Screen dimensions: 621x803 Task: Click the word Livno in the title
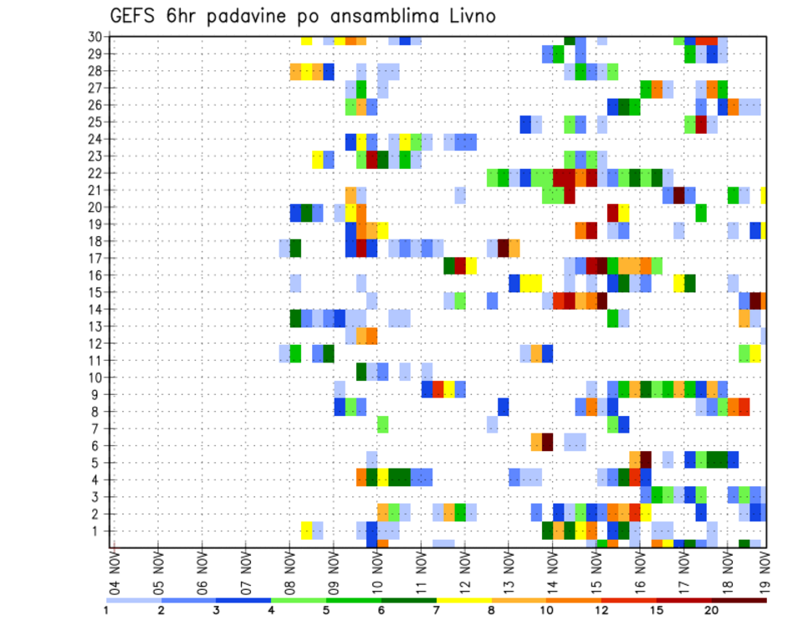pyautogui.click(x=466, y=16)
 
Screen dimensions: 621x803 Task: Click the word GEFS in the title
pyautogui.click(x=134, y=16)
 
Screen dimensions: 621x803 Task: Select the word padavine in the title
pyautogui.click(x=235, y=17)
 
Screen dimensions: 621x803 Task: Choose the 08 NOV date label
pyautogui.click(x=290, y=570)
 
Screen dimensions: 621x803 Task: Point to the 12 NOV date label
pyautogui.click(x=465, y=570)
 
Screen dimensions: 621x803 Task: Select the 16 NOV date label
pyautogui.click(x=640, y=570)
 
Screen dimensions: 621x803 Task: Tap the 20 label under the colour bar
pyautogui.click(x=712, y=610)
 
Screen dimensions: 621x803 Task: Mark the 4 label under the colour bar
pyautogui.click(x=272, y=610)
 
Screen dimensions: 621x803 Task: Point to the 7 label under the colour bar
pyautogui.click(x=437, y=610)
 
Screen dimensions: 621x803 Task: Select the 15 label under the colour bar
pyautogui.click(x=657, y=610)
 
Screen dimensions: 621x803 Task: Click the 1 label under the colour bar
pyautogui.click(x=107, y=610)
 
